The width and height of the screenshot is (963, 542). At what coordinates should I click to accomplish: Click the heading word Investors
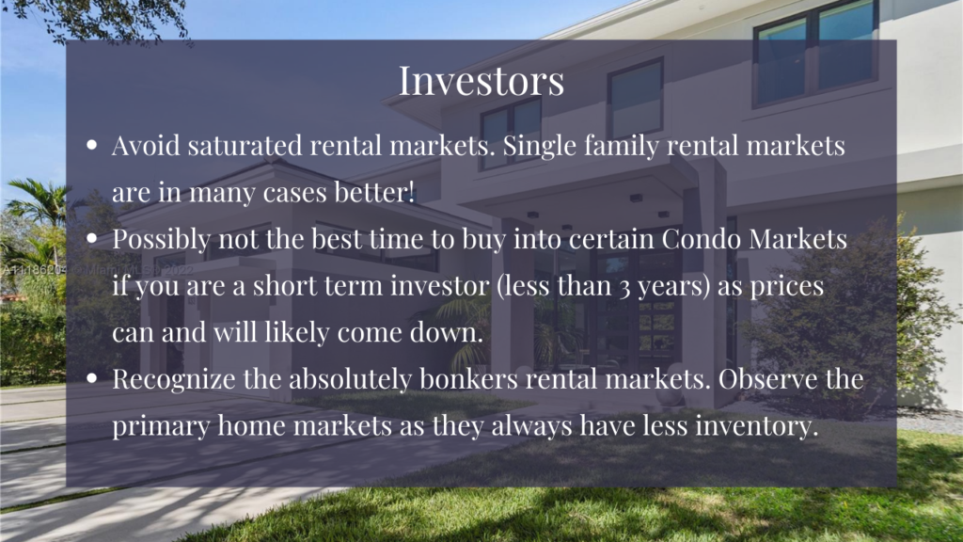click(481, 81)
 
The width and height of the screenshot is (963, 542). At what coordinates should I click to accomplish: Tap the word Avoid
click(146, 146)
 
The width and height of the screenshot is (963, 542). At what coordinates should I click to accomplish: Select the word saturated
click(245, 146)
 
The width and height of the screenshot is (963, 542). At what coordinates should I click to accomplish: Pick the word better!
click(374, 192)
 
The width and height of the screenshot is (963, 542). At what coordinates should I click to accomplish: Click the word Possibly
click(162, 240)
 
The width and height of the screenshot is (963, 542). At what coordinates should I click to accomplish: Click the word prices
click(787, 287)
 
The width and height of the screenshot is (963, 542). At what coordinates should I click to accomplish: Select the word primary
click(161, 427)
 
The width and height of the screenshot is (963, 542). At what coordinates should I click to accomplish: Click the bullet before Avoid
click(92, 146)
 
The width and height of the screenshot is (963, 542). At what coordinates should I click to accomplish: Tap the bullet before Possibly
click(92, 238)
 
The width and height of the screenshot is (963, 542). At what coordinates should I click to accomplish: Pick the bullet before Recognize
click(92, 378)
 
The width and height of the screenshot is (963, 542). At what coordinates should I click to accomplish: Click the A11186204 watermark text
click(34, 270)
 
